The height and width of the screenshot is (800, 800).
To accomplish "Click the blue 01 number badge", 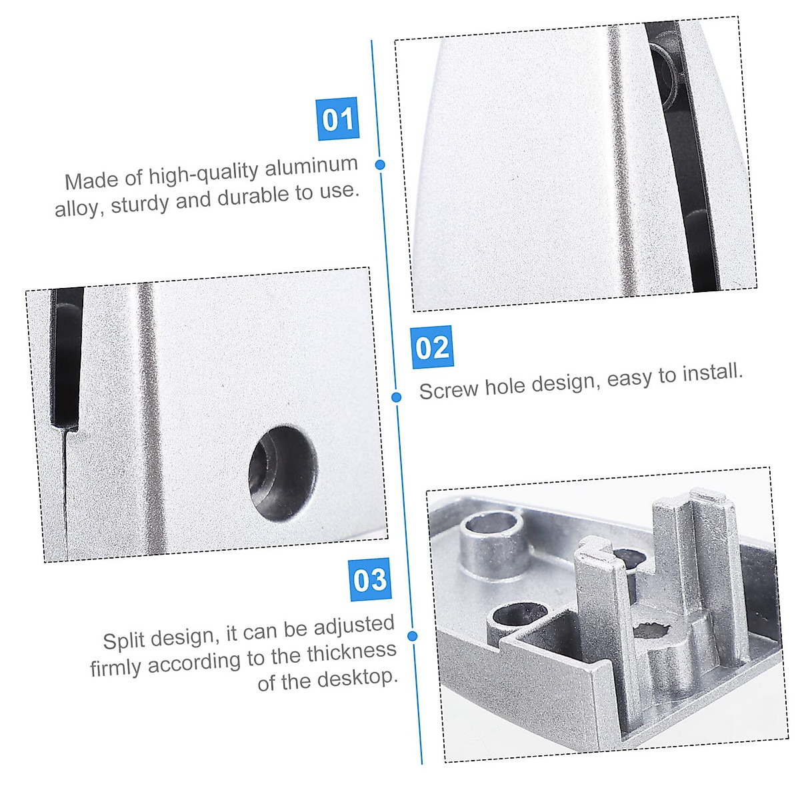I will click(x=338, y=119).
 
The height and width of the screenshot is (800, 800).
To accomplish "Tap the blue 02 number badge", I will click(x=432, y=347).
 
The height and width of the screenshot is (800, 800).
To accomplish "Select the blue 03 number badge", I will click(x=369, y=579).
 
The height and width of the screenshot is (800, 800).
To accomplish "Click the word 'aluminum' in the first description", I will click(x=311, y=167).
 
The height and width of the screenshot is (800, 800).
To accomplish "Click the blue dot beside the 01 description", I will click(x=380, y=164).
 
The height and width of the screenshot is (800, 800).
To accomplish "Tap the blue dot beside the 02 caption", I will click(x=396, y=397).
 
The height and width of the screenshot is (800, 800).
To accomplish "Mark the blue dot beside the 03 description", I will click(x=412, y=636).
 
